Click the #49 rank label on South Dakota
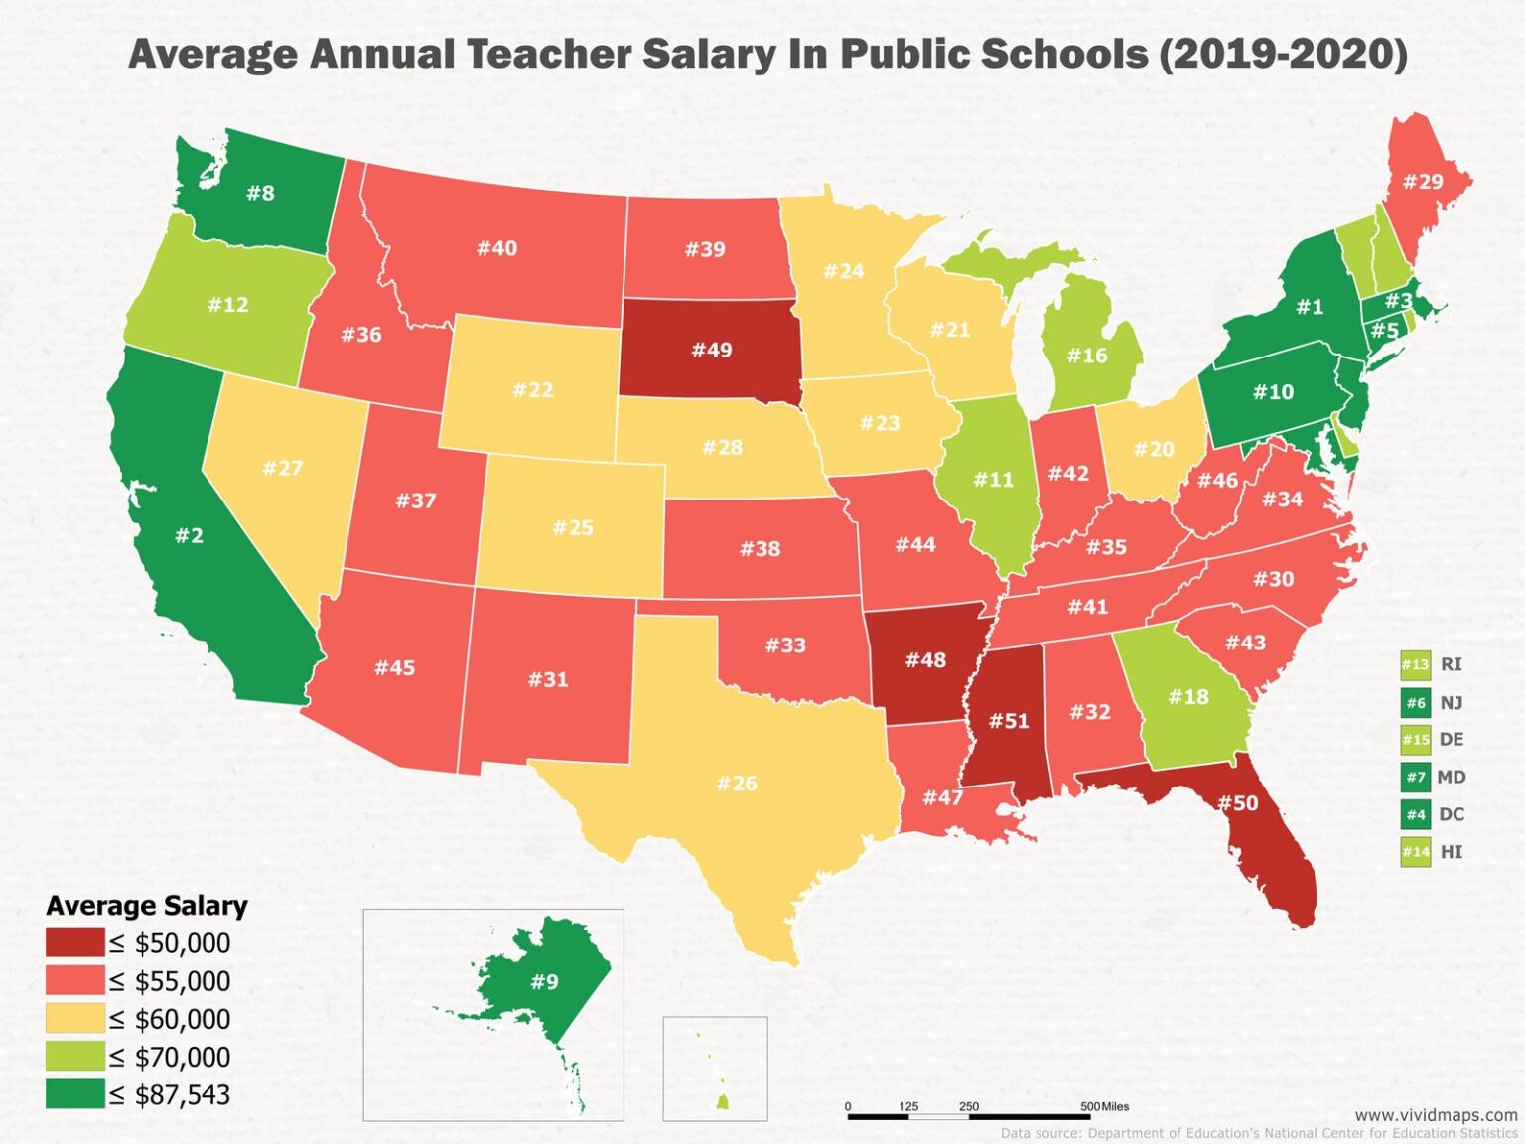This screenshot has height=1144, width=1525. point(711,350)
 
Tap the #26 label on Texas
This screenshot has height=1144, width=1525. point(737,784)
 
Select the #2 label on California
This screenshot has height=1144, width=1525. point(189,536)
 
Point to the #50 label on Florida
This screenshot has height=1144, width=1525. point(1237,802)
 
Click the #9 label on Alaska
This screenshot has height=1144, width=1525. point(544,982)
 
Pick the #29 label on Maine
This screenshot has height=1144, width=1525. point(1422,181)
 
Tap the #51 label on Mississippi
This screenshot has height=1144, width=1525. point(1009,721)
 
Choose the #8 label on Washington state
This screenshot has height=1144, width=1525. point(260,193)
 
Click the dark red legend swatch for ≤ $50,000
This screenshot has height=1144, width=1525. point(74,942)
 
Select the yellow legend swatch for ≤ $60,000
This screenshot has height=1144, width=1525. point(74,1019)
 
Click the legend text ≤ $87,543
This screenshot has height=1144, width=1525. point(170,1095)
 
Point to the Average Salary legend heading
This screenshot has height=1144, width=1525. point(147,906)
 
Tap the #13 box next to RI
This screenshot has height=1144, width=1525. point(1415,665)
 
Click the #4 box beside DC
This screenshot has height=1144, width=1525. point(1415,815)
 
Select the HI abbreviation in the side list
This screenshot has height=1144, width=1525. point(1451,852)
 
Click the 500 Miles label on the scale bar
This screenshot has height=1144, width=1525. point(1104,1106)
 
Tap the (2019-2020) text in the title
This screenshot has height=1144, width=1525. point(1283,54)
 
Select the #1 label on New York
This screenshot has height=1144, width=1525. point(1310,307)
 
